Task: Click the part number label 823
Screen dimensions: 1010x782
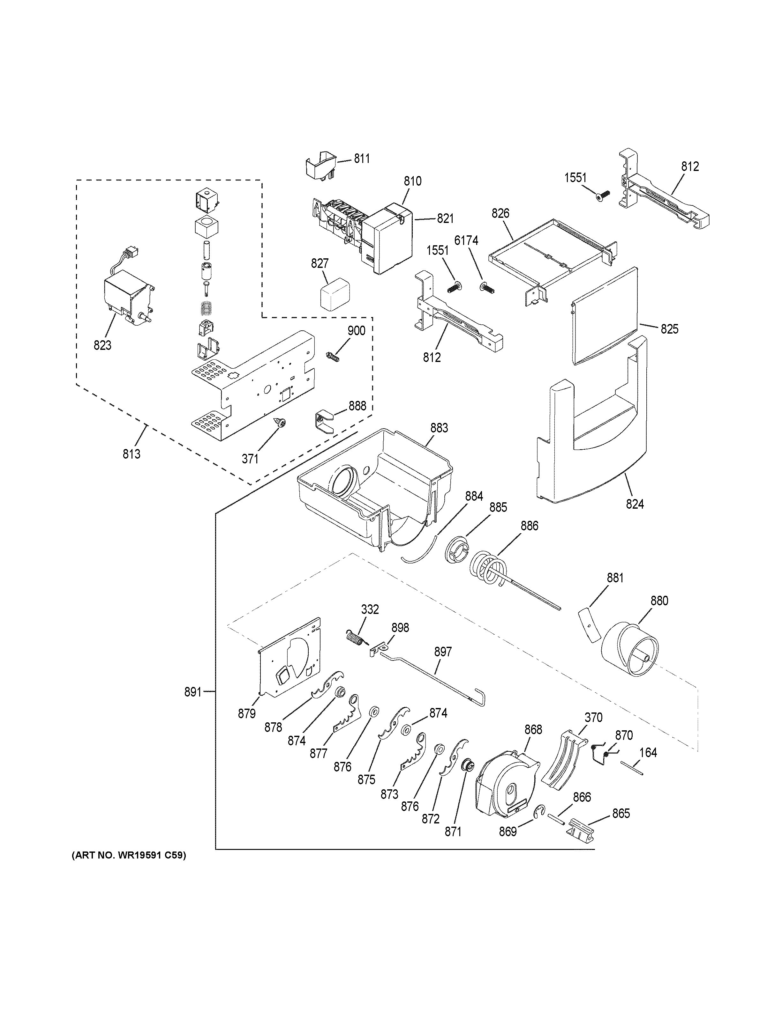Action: [x=102, y=345]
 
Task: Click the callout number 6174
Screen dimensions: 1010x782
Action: [x=466, y=240]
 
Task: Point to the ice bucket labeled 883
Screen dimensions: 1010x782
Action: [x=375, y=486]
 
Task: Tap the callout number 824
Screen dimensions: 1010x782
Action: [x=635, y=504]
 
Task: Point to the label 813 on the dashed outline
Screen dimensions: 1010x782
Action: [x=132, y=454]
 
